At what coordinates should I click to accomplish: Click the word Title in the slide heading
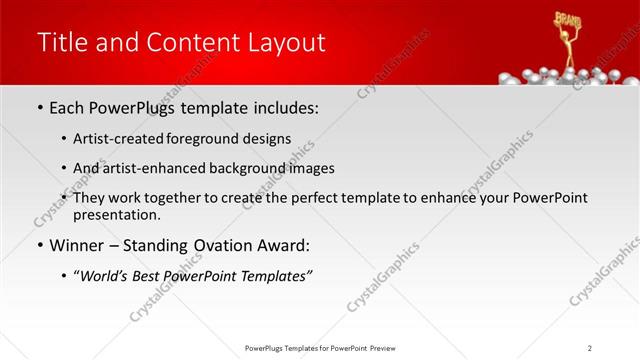click(61, 42)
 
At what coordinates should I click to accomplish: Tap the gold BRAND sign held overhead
click(568, 19)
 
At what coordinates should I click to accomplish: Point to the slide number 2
click(590, 347)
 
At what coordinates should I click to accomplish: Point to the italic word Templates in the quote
click(272, 276)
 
